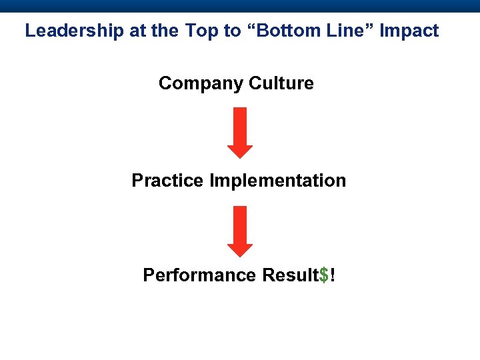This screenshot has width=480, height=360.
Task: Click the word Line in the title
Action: click(x=339, y=31)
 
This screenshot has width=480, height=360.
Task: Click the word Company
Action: click(x=201, y=83)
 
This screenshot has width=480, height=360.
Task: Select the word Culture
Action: click(x=281, y=83)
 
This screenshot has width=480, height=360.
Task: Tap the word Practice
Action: click(x=168, y=181)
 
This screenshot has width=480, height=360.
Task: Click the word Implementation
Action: click(x=278, y=181)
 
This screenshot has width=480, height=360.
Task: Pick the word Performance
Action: click(x=200, y=275)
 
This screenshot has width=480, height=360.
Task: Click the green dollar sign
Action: click(x=324, y=275)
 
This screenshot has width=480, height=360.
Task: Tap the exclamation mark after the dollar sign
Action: click(x=332, y=275)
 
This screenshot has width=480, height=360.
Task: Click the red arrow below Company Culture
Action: click(x=240, y=133)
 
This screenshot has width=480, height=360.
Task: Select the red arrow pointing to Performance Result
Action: click(x=240, y=231)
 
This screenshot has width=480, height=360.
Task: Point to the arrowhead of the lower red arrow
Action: click(x=240, y=249)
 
